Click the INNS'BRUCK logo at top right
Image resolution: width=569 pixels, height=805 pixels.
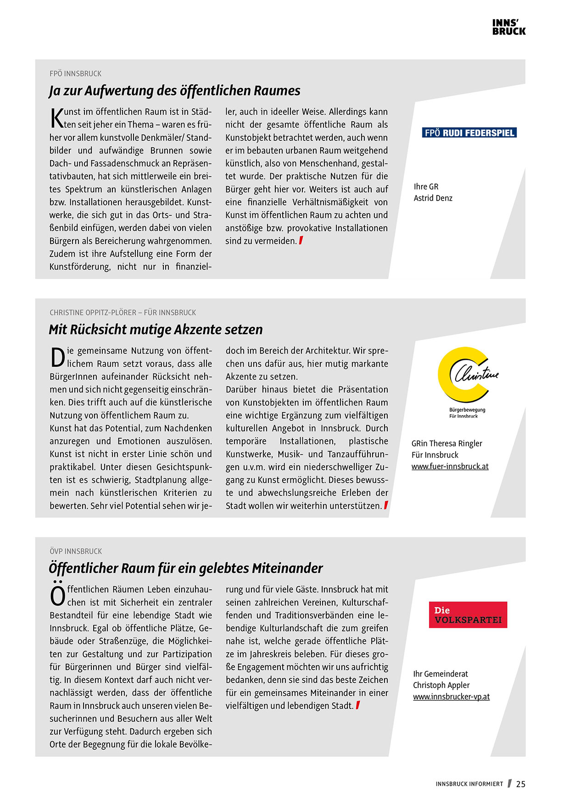[x=508, y=27]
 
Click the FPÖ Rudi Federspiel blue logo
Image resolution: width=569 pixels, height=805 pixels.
[x=469, y=133]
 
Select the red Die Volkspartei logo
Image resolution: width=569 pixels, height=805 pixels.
[x=468, y=615]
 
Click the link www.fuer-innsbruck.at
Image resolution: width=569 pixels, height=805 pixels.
[x=450, y=466]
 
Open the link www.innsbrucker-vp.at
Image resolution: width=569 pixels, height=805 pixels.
[x=451, y=696]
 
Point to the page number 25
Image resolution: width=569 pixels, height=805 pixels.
[x=520, y=784]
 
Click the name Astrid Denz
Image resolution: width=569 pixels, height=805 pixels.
[x=433, y=198]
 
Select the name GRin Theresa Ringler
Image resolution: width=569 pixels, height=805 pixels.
[x=446, y=443]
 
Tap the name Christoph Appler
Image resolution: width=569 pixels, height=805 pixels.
[x=441, y=685]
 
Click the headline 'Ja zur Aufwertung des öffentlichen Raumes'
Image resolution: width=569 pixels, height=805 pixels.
[x=174, y=90]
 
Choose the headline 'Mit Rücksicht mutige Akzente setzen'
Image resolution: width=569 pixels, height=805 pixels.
[x=156, y=329]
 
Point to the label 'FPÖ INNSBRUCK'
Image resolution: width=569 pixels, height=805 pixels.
[x=75, y=73]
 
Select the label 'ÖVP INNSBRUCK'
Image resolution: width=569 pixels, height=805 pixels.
[x=76, y=551]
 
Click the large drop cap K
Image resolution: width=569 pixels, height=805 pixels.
[x=57, y=118]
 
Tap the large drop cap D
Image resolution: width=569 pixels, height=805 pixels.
[x=57, y=358]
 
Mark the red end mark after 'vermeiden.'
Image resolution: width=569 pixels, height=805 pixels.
[x=301, y=240]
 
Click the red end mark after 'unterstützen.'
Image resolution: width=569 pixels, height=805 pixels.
[x=386, y=505]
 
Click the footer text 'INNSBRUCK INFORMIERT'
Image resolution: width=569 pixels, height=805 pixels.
[x=469, y=784]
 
